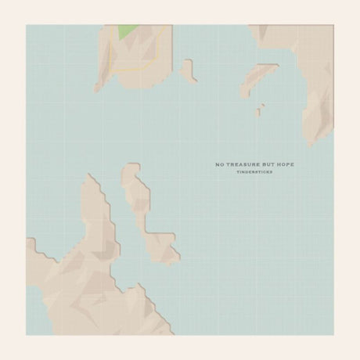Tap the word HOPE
pos(283,165)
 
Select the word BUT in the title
pos(266,165)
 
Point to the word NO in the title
pos(220,165)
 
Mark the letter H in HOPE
pos(276,165)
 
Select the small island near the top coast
pos(187,70)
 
